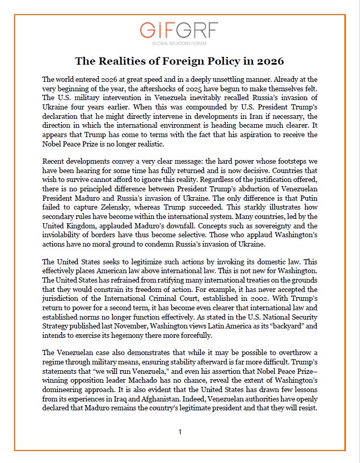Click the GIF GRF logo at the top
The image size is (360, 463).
179,30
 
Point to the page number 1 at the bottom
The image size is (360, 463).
179,432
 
